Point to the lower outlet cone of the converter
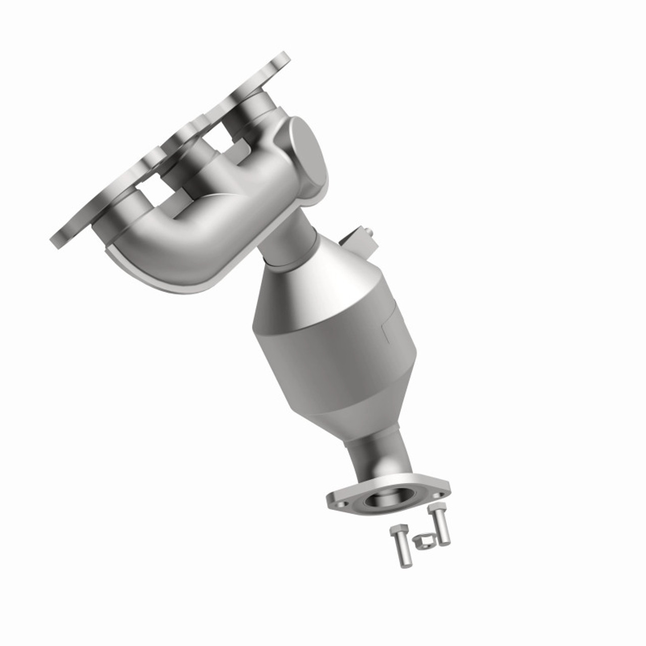coord(353,414)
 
